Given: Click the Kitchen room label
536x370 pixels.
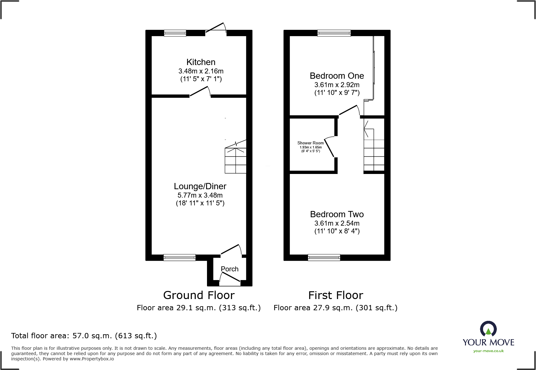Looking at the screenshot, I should tap(201, 62).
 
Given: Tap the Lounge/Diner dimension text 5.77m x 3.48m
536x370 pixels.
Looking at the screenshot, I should tap(200, 195).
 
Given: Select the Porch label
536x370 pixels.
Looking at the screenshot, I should tap(229, 269).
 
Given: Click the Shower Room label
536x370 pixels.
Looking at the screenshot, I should tap(310, 143).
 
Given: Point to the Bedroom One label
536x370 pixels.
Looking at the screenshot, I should tap(337, 76).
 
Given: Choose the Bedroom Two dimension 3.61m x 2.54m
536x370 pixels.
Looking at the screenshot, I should tap(337, 223).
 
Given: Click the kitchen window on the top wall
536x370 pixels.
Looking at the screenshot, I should tap(175, 33).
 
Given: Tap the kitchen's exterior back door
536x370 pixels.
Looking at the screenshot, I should tap(215, 29).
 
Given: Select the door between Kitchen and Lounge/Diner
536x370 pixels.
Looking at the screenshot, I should tap(200, 92).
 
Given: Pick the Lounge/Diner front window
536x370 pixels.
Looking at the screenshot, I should tap(179, 257).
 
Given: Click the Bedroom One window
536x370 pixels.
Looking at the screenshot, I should tap(334, 33).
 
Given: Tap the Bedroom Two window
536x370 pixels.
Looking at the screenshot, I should tap(324, 257).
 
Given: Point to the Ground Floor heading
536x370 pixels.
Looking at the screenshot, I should tap(199, 295).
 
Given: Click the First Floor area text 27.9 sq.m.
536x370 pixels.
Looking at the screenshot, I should tap(335, 308).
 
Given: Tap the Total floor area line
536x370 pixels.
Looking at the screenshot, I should tap(84, 336).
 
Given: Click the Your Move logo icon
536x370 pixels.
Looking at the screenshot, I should tap(488, 329).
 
